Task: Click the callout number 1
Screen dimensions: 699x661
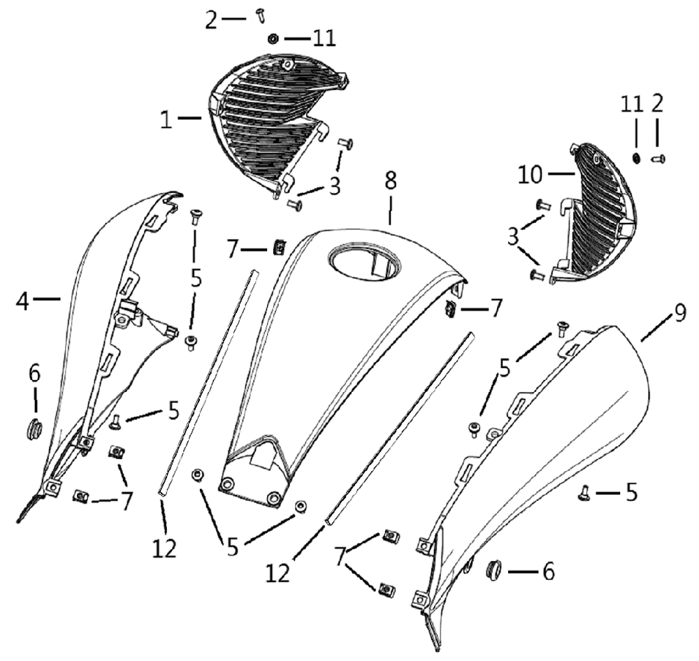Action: tap(166, 119)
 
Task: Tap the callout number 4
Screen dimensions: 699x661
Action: tap(22, 302)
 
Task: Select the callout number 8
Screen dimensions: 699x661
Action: tap(390, 180)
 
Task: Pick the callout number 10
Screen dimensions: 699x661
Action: tap(531, 175)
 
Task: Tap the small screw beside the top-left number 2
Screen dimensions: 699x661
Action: tap(260, 15)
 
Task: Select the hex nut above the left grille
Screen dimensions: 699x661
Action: tap(273, 39)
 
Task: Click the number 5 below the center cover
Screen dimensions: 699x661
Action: tap(233, 547)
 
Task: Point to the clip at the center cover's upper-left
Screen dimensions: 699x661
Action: tap(279, 247)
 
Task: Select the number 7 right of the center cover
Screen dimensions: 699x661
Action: tap(496, 308)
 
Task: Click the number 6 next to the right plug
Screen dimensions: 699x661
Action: tap(548, 572)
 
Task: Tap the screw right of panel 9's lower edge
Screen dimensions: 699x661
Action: tap(584, 493)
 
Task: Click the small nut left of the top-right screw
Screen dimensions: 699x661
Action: tap(637, 158)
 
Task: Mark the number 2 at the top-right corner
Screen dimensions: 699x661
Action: tap(657, 103)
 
